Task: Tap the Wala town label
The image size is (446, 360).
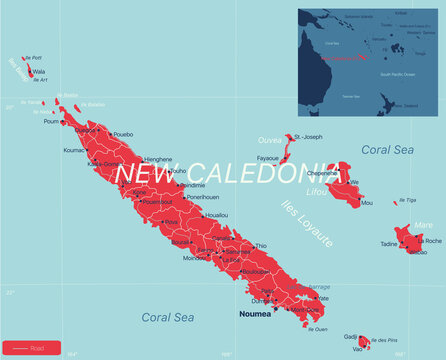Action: tap(39, 72)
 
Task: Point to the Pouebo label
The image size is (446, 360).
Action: tap(123, 134)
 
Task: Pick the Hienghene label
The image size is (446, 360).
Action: tap(159, 159)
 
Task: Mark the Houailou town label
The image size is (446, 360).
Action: tap(216, 215)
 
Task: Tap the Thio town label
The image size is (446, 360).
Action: tap(262, 245)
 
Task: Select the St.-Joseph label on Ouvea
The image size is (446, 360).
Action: tap(308, 137)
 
